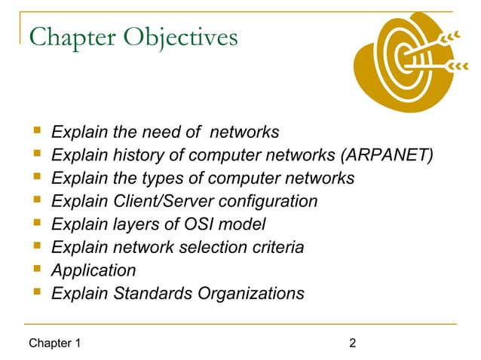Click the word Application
[93, 270]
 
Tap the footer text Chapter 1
[54, 344]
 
